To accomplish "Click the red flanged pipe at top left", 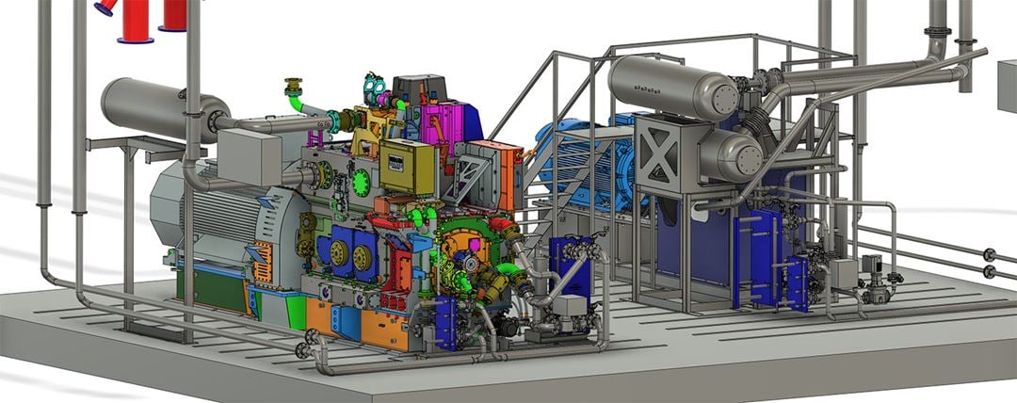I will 137,21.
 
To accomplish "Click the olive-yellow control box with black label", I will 407,168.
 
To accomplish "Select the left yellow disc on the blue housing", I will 338,251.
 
